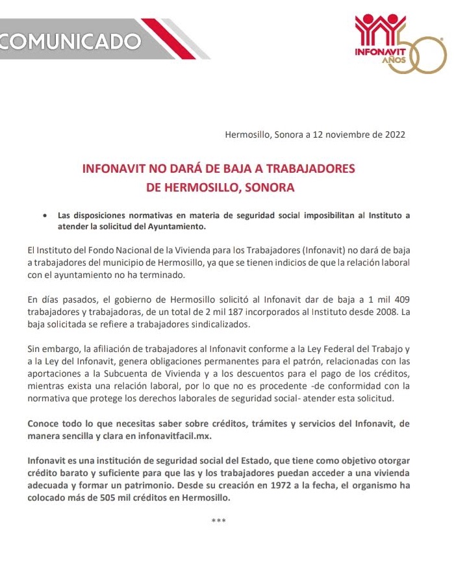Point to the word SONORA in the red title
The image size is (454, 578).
pyautogui.click(x=267, y=188)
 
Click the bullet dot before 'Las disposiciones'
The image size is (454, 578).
pyautogui.click(x=44, y=216)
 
